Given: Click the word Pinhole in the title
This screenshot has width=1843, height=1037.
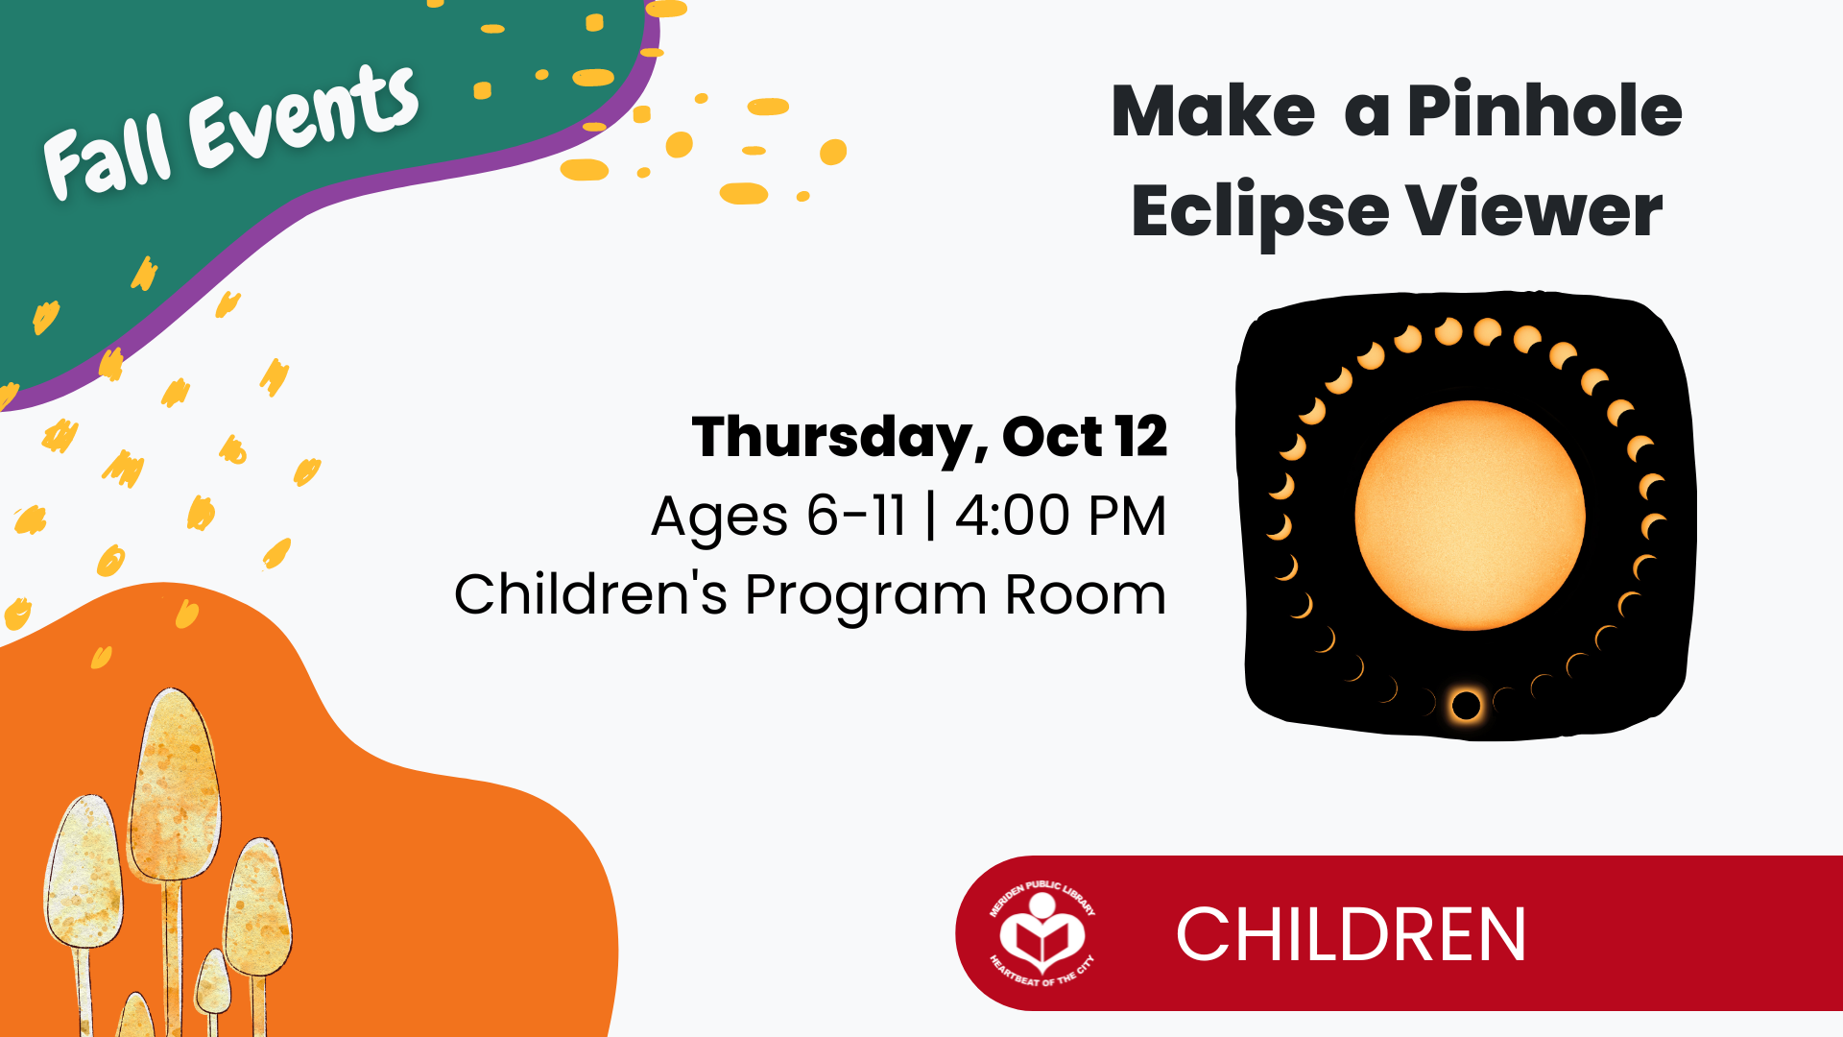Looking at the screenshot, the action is point(1544,110).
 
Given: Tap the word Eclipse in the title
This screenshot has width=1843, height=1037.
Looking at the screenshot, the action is point(1259,213).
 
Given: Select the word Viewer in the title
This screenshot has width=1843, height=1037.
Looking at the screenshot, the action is point(1534,209).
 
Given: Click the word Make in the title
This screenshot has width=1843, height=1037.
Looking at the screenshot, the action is point(1213,110).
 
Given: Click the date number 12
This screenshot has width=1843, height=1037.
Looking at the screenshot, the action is point(1141,437).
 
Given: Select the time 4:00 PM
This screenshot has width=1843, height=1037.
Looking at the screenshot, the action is point(1061,516).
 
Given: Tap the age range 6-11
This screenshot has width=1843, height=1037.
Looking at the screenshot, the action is point(856,516).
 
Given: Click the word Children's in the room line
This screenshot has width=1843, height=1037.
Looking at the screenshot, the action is point(590,593).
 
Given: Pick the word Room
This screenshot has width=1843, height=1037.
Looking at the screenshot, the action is point(1085,594).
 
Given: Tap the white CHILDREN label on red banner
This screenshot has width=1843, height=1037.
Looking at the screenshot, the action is point(1351,934).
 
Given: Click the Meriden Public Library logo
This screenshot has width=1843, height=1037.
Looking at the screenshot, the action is point(1042,933).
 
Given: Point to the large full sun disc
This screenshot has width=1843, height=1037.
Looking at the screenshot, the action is point(1470,516).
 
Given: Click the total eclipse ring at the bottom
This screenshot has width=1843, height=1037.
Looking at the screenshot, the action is point(1466,706).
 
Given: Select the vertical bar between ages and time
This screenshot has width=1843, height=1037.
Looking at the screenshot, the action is point(931,517).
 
